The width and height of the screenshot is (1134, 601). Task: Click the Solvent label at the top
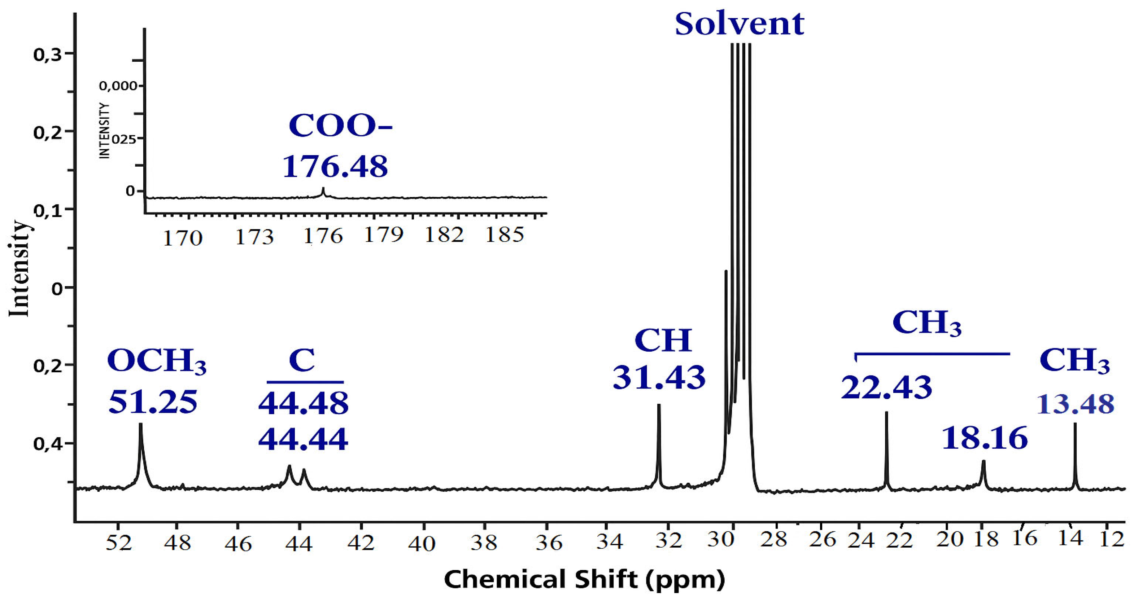coord(740,24)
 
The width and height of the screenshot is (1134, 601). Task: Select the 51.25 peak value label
coord(153,402)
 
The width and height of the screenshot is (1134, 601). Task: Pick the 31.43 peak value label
coord(659,377)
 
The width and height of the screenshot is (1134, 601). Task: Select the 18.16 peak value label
coord(984,438)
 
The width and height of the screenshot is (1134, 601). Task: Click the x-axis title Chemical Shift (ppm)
coord(584,579)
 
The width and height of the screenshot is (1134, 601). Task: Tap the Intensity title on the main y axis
coord(20,268)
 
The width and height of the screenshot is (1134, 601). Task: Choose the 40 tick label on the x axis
coord(422,544)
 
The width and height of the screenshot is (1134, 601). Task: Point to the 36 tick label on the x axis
coord(549,544)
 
